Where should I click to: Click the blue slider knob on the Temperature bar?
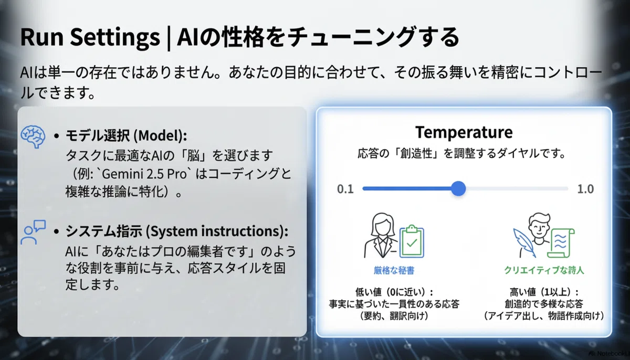coord(458,188)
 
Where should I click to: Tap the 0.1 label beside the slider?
coord(345,189)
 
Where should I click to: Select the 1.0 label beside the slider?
coord(585,189)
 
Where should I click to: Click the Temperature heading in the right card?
coord(464,132)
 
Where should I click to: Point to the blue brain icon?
coord(33,136)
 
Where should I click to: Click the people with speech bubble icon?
coord(33,232)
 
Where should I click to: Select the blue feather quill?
coord(524,243)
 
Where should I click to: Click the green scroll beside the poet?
coord(561,243)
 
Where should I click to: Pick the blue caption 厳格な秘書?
coord(394,270)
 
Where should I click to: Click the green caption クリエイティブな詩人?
coord(544,270)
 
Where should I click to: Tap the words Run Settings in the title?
coord(90,37)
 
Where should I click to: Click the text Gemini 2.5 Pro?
coord(144,174)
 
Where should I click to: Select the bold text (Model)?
coord(160,135)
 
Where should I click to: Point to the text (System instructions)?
coord(217,231)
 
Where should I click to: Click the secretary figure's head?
coord(382,224)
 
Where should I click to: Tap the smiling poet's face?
coord(539,227)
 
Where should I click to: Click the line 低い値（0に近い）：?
coord(394,292)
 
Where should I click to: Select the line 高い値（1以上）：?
coord(544,292)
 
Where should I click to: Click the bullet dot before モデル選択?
coord(57,136)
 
